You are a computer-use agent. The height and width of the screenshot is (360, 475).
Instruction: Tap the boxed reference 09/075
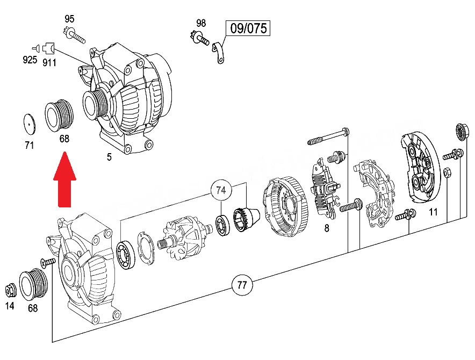click(248, 28)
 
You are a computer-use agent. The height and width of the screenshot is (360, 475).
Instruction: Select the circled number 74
click(221, 190)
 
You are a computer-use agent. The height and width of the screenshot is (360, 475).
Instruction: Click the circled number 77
click(242, 285)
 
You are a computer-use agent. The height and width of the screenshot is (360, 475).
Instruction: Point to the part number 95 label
click(69, 19)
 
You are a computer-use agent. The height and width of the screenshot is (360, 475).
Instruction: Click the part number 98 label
click(201, 23)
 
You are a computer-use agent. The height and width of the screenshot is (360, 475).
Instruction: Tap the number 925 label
click(30, 60)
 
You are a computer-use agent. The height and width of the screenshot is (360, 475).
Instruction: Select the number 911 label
click(49, 62)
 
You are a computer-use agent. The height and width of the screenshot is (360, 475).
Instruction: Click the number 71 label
click(29, 146)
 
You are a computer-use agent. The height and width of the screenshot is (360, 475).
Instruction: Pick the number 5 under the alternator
click(109, 157)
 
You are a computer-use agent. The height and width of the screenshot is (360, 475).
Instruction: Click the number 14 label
click(10, 306)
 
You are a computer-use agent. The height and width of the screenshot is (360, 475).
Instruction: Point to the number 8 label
click(327, 228)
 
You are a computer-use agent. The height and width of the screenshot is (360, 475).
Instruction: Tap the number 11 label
click(433, 212)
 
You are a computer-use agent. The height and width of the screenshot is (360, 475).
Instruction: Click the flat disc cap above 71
click(30, 124)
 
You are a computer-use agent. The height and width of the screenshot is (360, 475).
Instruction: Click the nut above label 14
click(11, 290)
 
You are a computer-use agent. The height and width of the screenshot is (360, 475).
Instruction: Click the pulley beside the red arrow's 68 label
click(59, 116)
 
